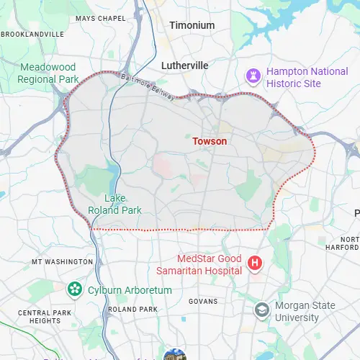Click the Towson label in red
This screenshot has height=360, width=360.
(x=210, y=141)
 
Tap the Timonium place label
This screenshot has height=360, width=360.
(x=192, y=25)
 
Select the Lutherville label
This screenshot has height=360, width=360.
(x=184, y=66)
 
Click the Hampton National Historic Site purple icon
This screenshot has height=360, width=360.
(x=253, y=76)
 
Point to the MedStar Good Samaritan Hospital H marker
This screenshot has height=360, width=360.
(x=254, y=264)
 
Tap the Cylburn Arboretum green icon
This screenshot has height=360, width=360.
(x=74, y=289)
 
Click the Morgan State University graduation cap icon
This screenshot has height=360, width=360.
(x=263, y=311)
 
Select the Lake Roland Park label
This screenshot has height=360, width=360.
(x=114, y=204)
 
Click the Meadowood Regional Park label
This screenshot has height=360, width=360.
(x=48, y=73)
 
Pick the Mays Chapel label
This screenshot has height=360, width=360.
(x=100, y=18)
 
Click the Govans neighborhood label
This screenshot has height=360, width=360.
(x=202, y=301)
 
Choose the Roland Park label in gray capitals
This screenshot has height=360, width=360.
(x=132, y=309)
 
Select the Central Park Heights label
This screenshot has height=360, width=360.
(x=45, y=318)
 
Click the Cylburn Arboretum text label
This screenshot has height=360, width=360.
(x=130, y=290)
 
